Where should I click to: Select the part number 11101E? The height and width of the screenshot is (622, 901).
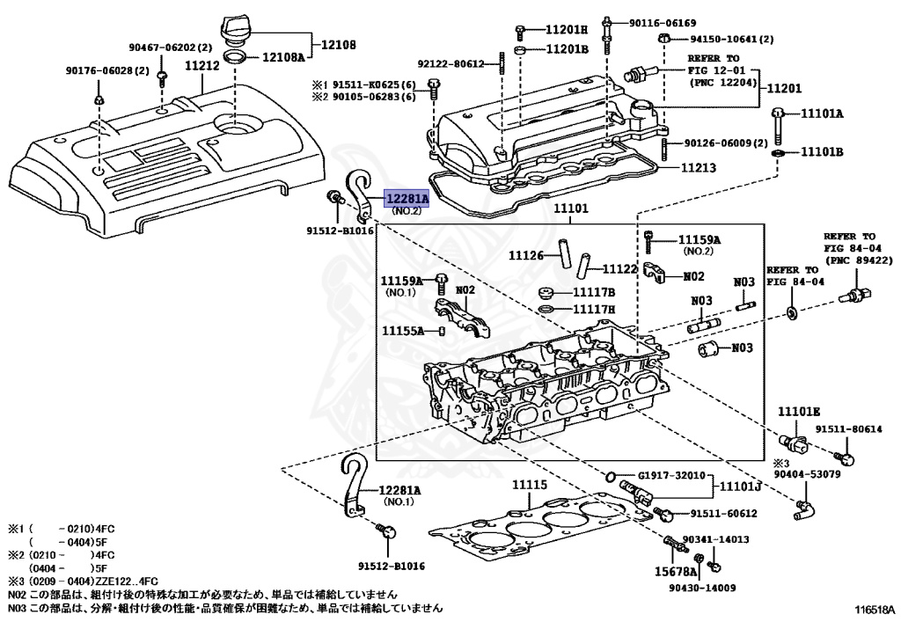[798, 411]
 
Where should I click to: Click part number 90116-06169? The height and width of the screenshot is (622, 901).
[663, 22]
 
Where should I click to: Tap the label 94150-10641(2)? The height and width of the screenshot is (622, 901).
[731, 40]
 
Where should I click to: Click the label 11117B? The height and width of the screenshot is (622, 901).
[594, 292]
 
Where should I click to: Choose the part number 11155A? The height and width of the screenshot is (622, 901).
[403, 331]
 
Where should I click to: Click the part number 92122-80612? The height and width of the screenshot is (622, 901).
[450, 63]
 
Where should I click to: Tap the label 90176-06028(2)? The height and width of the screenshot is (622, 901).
[106, 70]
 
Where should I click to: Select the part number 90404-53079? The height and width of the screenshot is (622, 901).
[808, 474]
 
